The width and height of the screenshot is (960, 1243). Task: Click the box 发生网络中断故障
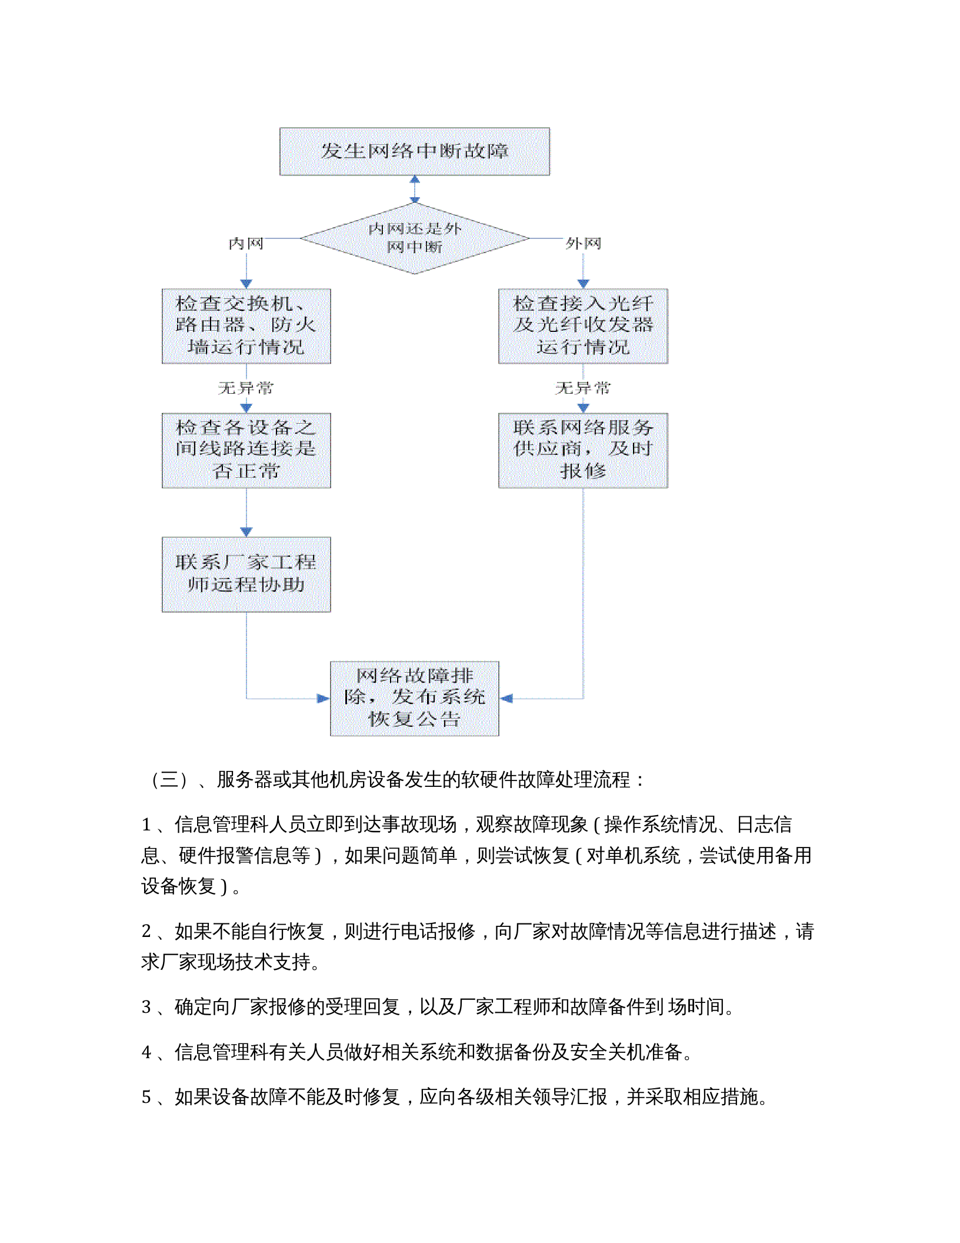click(x=414, y=151)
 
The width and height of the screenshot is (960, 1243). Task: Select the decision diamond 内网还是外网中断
click(x=414, y=238)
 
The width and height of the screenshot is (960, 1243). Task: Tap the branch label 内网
click(x=246, y=244)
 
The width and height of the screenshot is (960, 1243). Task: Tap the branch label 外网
click(x=583, y=244)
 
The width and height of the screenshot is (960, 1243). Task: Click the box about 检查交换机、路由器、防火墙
click(x=246, y=325)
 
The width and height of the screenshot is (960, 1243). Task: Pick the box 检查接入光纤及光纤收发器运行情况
click(x=583, y=325)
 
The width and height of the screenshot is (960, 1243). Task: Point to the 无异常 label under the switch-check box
click(x=246, y=388)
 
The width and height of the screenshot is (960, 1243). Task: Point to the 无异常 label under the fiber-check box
click(x=583, y=388)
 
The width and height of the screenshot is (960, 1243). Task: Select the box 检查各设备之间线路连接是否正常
click(x=246, y=450)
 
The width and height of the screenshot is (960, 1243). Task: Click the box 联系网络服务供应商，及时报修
click(x=583, y=450)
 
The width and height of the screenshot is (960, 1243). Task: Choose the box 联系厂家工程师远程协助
click(x=246, y=574)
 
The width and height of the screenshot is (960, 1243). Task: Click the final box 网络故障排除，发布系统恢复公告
click(x=414, y=698)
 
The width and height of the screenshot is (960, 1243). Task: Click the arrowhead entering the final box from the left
click(x=323, y=699)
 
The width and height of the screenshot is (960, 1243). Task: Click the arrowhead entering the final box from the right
click(x=506, y=699)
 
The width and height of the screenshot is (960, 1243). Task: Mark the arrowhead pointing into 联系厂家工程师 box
click(x=246, y=531)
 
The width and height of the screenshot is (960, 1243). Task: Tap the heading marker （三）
click(x=169, y=780)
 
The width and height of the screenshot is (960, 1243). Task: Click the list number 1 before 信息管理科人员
click(x=146, y=825)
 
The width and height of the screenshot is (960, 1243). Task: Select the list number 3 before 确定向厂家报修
click(x=146, y=1007)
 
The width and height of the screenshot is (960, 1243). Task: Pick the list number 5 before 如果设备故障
click(x=146, y=1097)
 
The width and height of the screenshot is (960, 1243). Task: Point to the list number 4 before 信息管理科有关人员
click(x=146, y=1052)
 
